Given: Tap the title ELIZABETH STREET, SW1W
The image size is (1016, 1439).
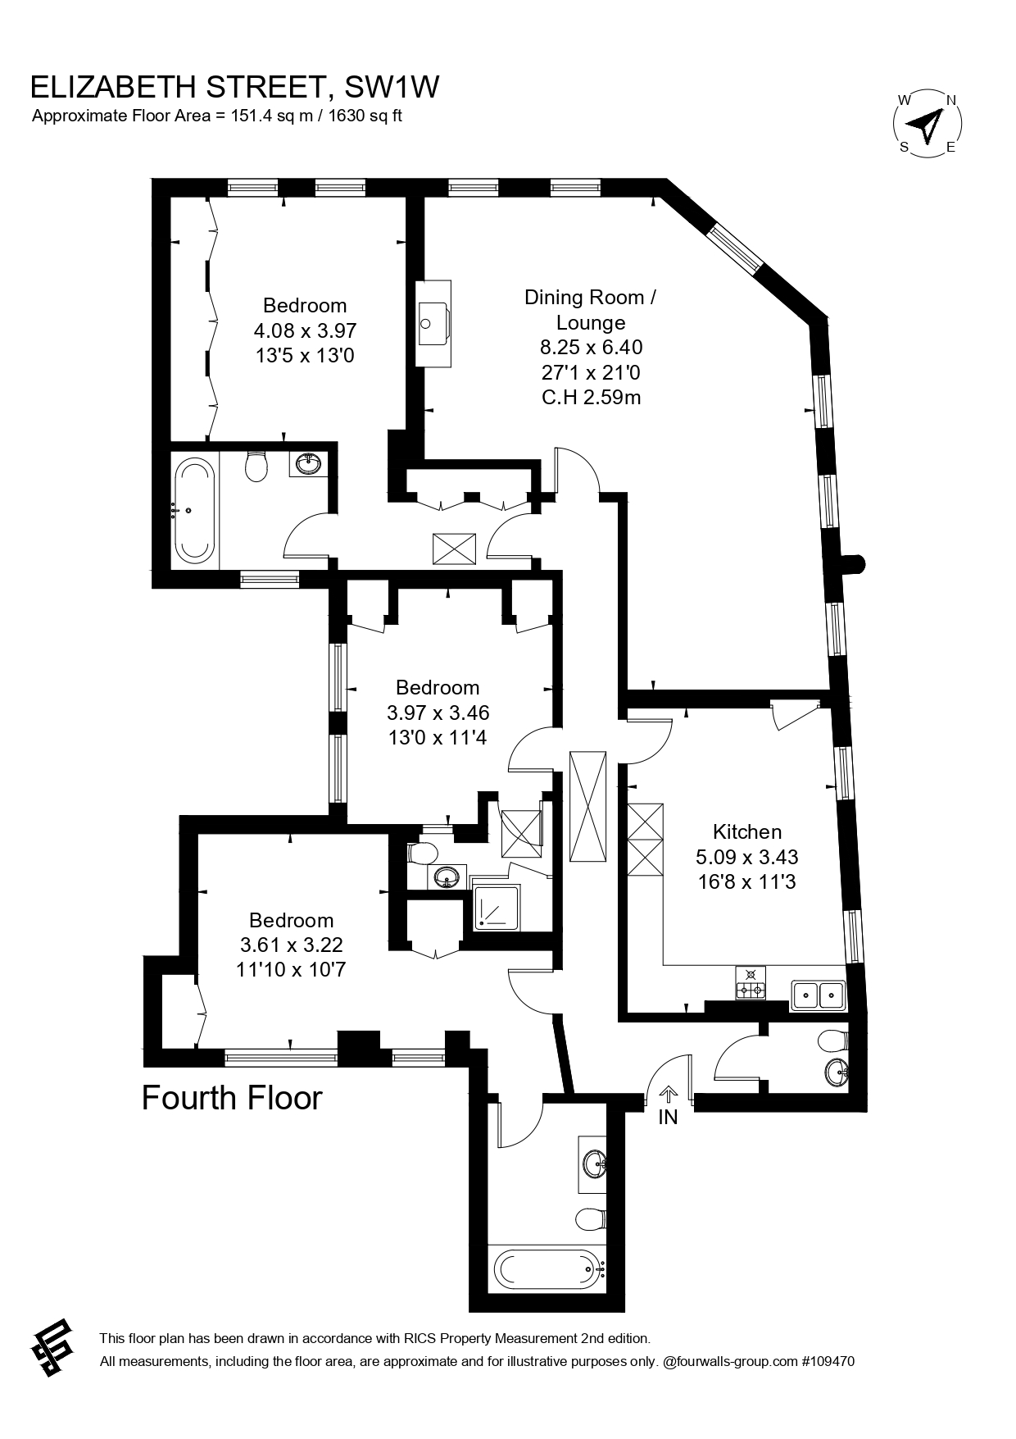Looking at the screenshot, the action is coord(234,86).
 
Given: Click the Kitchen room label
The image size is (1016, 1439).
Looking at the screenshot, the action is coord(746,831).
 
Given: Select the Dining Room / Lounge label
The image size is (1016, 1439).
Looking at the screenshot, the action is coord(590,309).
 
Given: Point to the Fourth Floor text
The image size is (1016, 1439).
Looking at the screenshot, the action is coord(233,1098).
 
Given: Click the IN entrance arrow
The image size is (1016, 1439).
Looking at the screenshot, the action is coord(669,1095).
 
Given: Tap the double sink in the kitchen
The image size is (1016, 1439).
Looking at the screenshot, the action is coord(819,995).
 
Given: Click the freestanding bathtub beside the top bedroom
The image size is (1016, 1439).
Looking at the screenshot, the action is coord(194,512).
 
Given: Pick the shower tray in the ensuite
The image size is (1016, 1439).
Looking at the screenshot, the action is coord(497,908).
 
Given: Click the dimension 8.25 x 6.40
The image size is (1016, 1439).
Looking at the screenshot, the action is coord(591,347).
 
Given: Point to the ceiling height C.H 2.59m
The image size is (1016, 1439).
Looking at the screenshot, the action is coord(591,398).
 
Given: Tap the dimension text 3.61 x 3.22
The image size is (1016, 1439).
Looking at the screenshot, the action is coord(291,945).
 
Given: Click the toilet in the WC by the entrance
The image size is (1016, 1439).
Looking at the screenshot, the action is coord(832,1041).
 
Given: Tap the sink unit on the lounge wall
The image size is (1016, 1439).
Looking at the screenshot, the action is coord(434,324).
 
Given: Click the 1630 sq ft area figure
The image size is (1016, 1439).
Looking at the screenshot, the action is coord(365,116).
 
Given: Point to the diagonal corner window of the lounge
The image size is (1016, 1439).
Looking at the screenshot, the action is coord(736,249).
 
